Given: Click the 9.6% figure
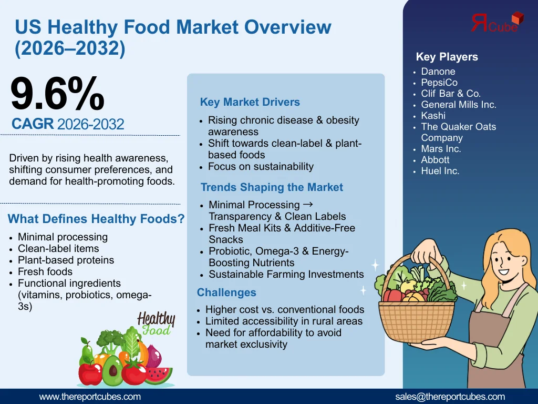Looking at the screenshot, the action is point(57,94).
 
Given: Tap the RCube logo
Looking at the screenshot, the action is point(497,22).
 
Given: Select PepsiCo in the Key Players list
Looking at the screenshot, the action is point(439,83).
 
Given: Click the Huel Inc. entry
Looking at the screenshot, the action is point(440,171).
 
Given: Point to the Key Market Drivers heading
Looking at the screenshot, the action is point(250,102).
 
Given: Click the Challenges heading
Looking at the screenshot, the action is point(226,292).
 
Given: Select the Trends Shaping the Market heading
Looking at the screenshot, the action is point(272,187).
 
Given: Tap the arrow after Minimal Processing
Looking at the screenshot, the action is point(308,205).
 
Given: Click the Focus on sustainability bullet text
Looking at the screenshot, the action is point(261,167).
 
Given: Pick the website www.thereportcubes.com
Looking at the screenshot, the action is point(90,397).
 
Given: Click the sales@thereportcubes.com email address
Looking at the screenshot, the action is point(450,397).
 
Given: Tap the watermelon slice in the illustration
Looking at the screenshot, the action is point(158,376).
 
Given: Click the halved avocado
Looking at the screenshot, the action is point(112,371).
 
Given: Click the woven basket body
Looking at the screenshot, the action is point(416,321).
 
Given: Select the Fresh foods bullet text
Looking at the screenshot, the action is point(45,272).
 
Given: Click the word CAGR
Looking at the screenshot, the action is point(33,124).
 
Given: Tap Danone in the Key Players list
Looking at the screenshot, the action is point(438,72).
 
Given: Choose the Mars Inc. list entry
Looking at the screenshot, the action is point(441,149).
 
